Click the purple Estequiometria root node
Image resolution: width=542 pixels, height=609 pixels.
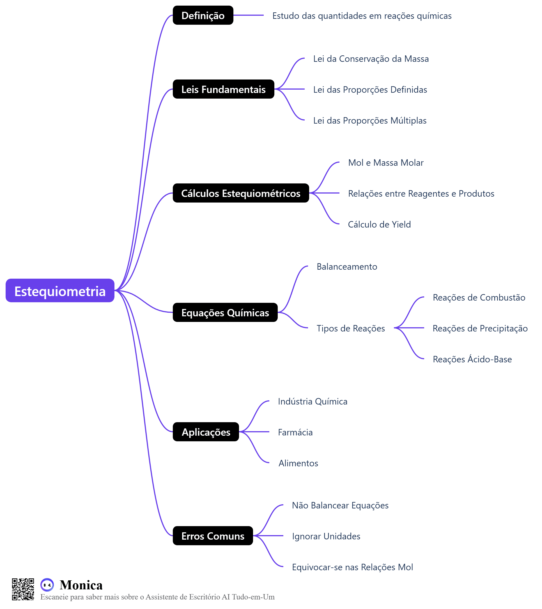click(60, 290)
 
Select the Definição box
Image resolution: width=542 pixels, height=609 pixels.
click(203, 15)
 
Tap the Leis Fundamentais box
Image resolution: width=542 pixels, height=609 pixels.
click(223, 89)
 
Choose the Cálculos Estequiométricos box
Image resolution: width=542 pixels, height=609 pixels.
click(241, 193)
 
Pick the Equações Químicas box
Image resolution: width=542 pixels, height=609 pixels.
click(225, 312)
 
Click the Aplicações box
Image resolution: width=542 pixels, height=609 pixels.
click(206, 431)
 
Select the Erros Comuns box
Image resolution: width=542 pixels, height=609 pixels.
click(213, 536)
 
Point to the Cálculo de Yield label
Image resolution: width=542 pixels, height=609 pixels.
click(379, 224)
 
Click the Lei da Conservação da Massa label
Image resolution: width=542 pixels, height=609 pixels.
click(371, 59)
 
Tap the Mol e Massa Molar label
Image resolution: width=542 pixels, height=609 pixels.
click(386, 163)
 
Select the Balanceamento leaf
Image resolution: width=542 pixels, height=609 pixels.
click(347, 267)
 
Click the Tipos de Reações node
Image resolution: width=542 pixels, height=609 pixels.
click(350, 328)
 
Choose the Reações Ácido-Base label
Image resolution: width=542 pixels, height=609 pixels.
click(472, 359)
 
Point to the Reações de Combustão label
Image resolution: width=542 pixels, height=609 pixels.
click(479, 297)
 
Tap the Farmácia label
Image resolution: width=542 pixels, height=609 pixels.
click(295, 432)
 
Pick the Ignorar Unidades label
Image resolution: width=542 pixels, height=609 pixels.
click(326, 536)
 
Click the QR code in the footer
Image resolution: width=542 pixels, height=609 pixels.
click(23, 589)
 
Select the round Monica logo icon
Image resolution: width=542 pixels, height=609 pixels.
click(47, 585)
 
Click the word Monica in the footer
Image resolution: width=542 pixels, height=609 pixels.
click(81, 585)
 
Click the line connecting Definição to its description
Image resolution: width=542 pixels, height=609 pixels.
click(248, 15)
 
